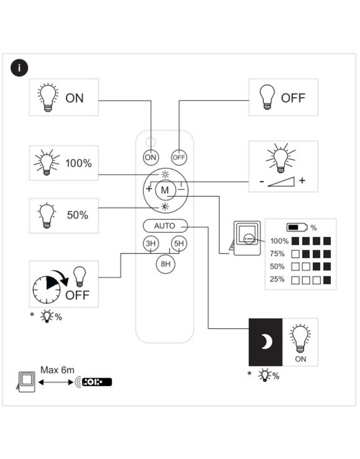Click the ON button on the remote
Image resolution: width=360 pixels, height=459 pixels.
[150, 157]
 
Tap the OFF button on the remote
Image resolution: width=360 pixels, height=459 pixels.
[179, 157]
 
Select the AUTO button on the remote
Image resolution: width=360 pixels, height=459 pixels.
[165, 226]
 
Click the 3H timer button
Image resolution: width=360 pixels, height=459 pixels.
[150, 244]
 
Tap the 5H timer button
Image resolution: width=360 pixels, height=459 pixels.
[179, 244]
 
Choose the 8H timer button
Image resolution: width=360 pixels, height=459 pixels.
[165, 264]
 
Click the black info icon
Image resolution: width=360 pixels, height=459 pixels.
[19, 68]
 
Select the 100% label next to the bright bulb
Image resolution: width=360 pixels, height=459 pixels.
[78, 163]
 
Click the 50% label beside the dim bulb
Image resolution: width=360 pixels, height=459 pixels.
[77, 215]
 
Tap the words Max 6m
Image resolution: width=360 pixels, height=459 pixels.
[57, 370]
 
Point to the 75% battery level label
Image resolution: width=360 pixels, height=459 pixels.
[277, 254]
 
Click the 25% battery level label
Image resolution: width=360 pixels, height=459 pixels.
[277, 279]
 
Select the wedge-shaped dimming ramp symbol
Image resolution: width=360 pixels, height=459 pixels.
[281, 182]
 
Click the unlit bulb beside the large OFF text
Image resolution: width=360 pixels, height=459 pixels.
[267, 97]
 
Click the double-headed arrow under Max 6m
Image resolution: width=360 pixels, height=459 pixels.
[56, 382]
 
